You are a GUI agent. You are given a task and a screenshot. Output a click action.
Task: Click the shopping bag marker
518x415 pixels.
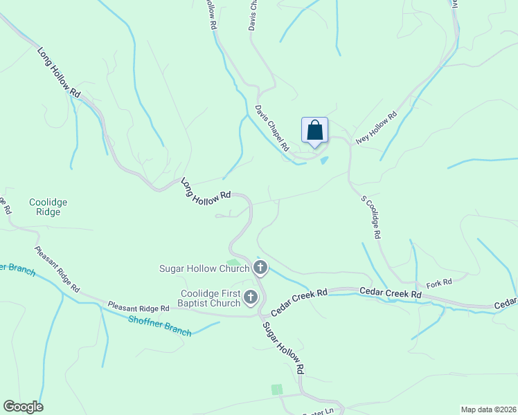click(314, 131)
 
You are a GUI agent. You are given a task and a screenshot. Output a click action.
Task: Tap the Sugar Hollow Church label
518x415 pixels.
click(204, 268)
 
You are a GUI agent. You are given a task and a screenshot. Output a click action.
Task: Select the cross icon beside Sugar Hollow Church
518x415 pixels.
click(260, 268)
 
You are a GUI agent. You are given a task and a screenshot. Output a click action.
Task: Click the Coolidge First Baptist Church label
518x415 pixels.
click(211, 298)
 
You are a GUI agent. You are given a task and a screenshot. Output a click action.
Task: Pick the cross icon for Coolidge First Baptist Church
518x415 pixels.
click(251, 298)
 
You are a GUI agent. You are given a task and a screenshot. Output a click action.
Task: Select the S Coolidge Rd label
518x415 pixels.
click(370, 217)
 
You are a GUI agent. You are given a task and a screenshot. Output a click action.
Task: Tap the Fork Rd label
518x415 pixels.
click(439, 282)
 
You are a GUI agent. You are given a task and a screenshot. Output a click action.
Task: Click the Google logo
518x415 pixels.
click(23, 407)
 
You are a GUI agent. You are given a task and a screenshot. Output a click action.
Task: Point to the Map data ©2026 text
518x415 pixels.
click(488, 409)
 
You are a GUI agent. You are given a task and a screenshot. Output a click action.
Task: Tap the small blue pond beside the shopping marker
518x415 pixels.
click(323, 161)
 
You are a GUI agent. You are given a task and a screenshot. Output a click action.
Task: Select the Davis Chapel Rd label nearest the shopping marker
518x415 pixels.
click(271, 129)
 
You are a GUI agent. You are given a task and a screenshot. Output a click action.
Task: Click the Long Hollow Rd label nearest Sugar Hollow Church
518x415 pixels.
click(205, 190)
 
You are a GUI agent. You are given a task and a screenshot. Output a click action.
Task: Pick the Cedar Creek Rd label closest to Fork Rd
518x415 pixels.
click(391, 294)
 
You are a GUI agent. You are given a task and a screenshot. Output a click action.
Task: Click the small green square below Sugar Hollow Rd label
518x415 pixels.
click(277, 389)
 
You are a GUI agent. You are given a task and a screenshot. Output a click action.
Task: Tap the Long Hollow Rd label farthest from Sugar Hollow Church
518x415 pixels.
click(60, 72)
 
